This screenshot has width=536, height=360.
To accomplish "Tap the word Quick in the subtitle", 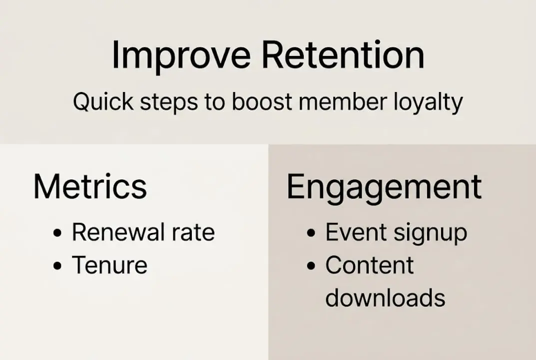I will tap(102, 102).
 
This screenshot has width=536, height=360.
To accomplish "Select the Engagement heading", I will tap(384, 187).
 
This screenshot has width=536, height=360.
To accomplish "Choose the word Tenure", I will tap(110, 265).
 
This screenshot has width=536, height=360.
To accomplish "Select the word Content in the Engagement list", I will tap(370, 265).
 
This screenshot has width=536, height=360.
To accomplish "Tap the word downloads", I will tap(385, 298).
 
